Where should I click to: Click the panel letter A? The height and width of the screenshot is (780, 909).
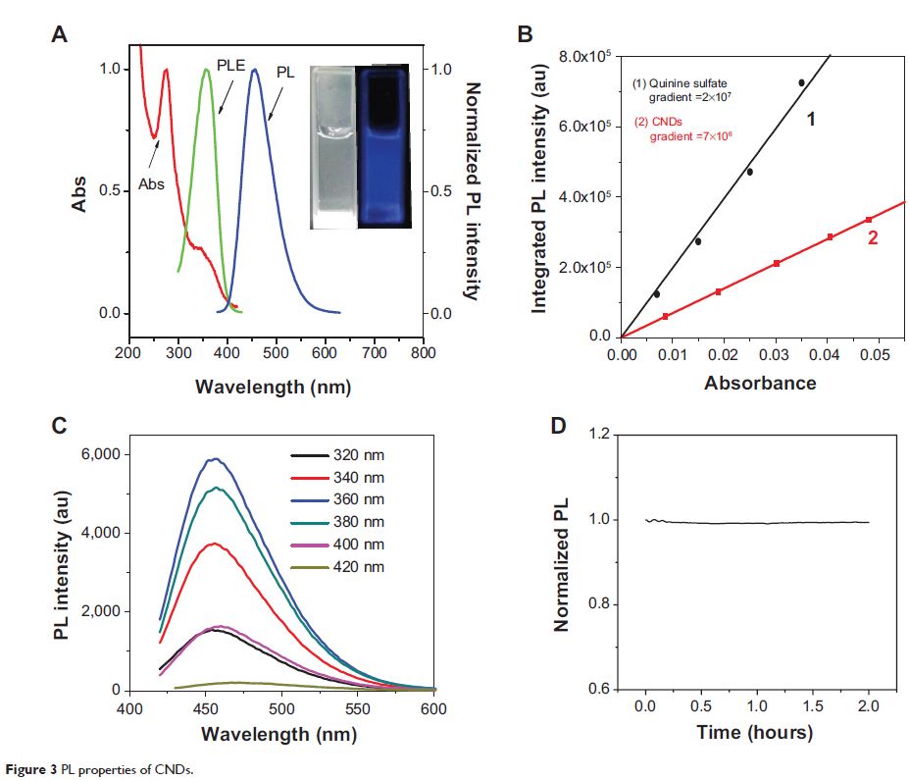[x=60, y=35]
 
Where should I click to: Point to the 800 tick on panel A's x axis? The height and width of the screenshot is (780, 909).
[x=424, y=353]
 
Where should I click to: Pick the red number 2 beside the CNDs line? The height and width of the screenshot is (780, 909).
[x=871, y=236]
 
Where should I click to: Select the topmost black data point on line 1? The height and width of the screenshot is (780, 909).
[x=801, y=83]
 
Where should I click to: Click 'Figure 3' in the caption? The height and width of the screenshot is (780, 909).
[x=28, y=768]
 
